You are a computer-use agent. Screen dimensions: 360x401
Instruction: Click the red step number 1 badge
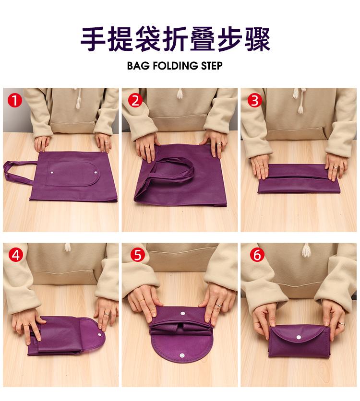(x=15, y=101)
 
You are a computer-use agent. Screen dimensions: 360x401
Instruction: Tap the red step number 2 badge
(x=135, y=101)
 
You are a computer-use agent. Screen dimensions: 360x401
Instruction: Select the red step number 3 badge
(x=254, y=101)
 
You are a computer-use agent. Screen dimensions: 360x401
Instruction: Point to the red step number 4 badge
(x=16, y=255)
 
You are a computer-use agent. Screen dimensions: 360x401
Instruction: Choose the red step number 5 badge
(x=138, y=255)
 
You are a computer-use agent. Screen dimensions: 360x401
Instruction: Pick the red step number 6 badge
(x=257, y=255)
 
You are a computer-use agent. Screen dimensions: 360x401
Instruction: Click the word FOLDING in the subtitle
(x=175, y=66)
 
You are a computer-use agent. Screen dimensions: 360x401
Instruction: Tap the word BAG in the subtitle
(x=138, y=66)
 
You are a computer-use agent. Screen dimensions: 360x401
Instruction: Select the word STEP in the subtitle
(x=212, y=66)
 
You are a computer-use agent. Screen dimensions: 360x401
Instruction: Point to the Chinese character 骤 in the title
(x=257, y=39)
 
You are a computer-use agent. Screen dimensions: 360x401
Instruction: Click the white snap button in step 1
(x=53, y=173)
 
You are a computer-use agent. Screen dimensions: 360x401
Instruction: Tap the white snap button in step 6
(x=299, y=337)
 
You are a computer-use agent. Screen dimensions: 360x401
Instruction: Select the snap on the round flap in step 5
(x=182, y=355)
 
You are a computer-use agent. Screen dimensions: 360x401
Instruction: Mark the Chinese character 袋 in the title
(x=148, y=39)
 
